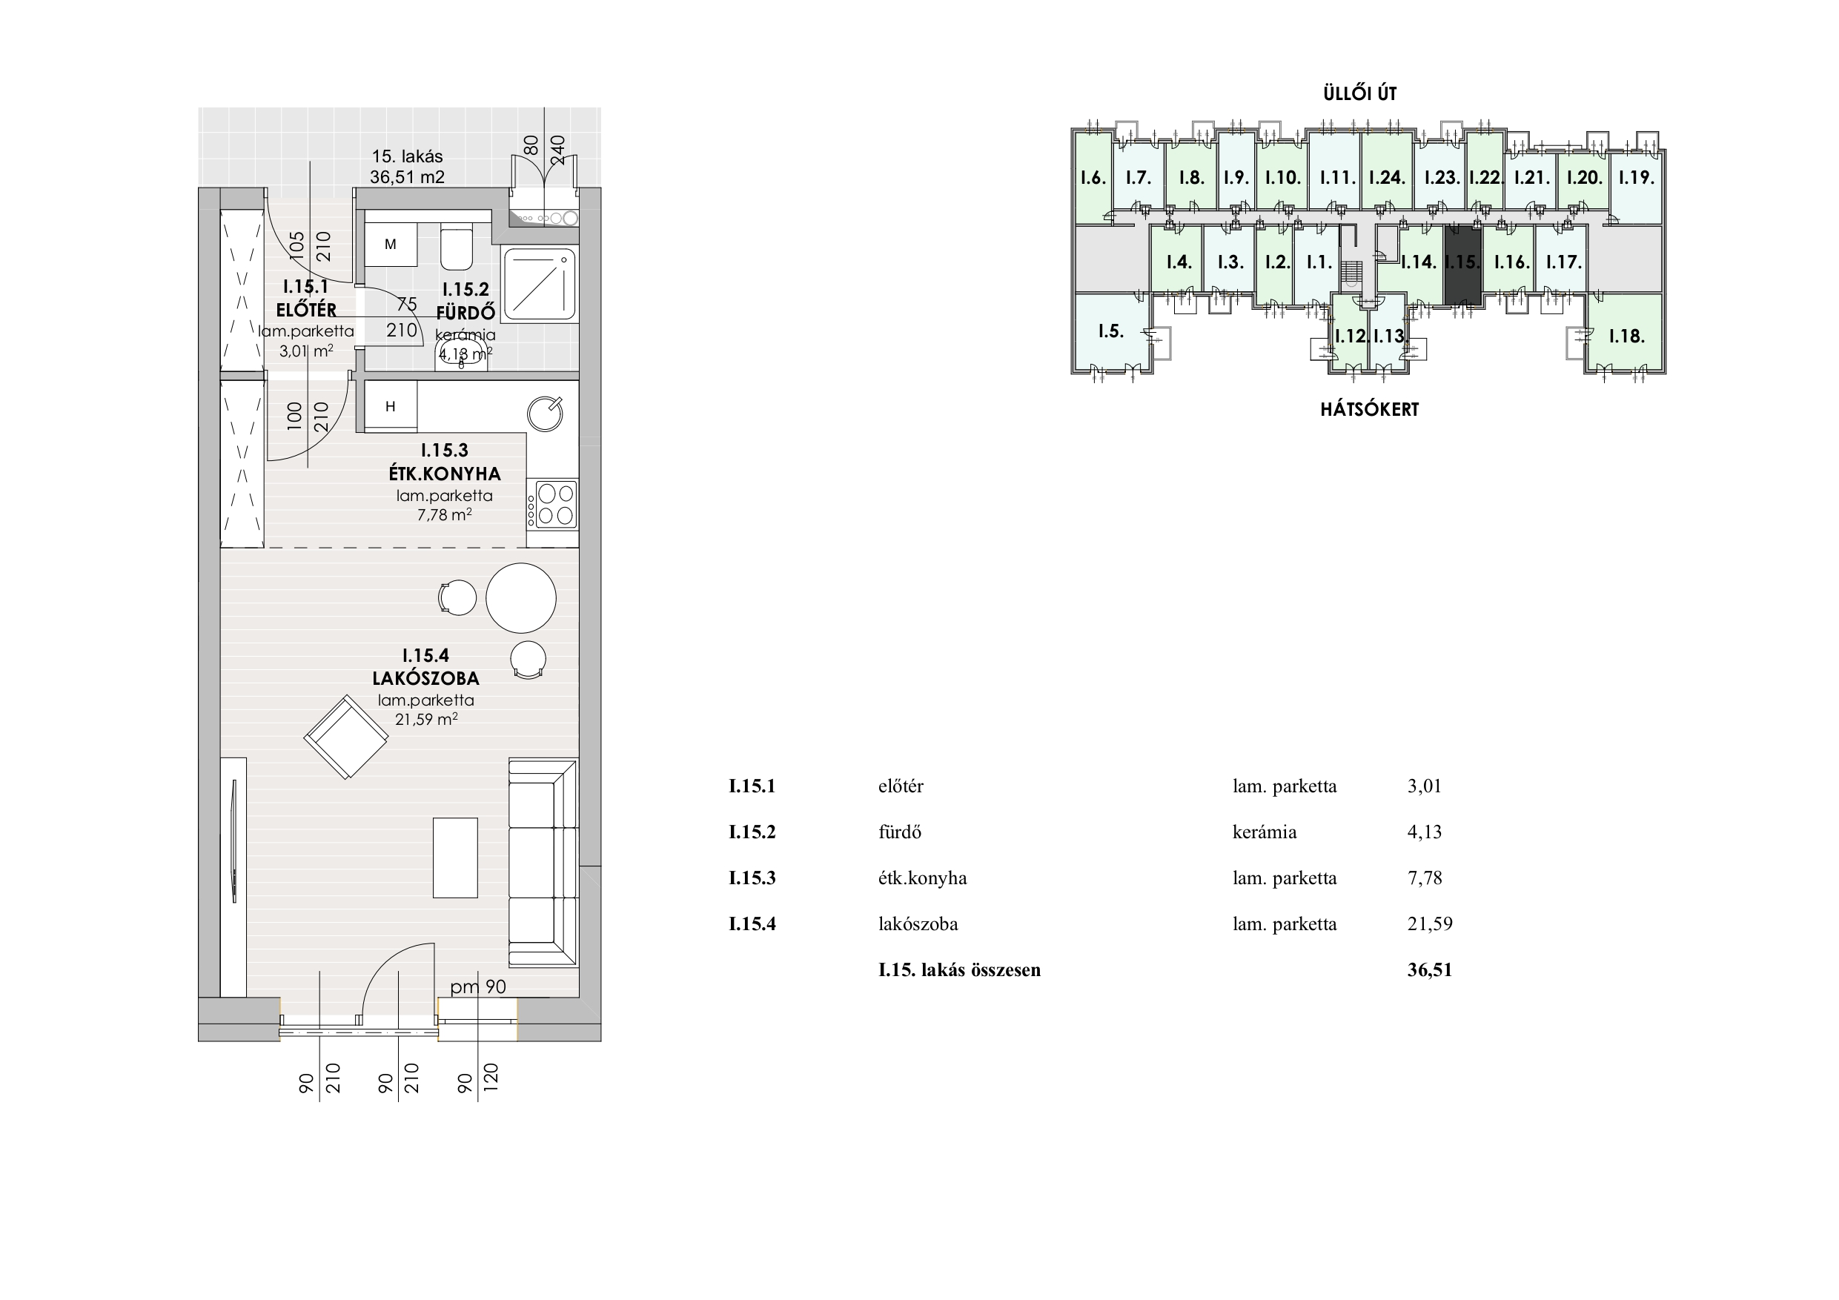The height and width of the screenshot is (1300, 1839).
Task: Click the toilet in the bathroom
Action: tap(457, 248)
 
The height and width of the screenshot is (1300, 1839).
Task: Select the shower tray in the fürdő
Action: tap(540, 285)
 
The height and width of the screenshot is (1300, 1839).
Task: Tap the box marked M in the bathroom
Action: tap(391, 245)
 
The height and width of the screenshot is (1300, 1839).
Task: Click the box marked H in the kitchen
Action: tap(391, 406)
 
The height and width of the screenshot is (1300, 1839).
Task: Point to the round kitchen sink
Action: tap(546, 414)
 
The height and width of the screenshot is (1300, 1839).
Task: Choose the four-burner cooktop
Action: tap(553, 504)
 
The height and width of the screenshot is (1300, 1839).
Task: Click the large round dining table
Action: tap(520, 598)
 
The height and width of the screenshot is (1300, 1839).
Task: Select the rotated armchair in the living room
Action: tap(346, 737)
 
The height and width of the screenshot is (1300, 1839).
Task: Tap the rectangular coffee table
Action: tap(455, 858)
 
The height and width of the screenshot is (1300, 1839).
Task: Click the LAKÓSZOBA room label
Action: tap(426, 677)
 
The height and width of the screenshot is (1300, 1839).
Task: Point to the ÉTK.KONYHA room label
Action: tap(445, 474)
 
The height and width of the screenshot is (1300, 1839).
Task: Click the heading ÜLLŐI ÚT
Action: tap(1360, 93)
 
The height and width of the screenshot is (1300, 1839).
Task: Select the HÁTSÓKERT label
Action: tap(1370, 409)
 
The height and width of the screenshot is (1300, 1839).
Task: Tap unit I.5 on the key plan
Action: tap(1111, 330)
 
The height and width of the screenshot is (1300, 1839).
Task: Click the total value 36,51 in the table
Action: tap(1430, 970)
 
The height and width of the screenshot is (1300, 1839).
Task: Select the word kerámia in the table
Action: tap(1265, 832)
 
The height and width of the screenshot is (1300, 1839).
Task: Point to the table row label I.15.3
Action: tap(752, 878)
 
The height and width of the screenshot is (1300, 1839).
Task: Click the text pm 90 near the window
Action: tap(478, 986)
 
